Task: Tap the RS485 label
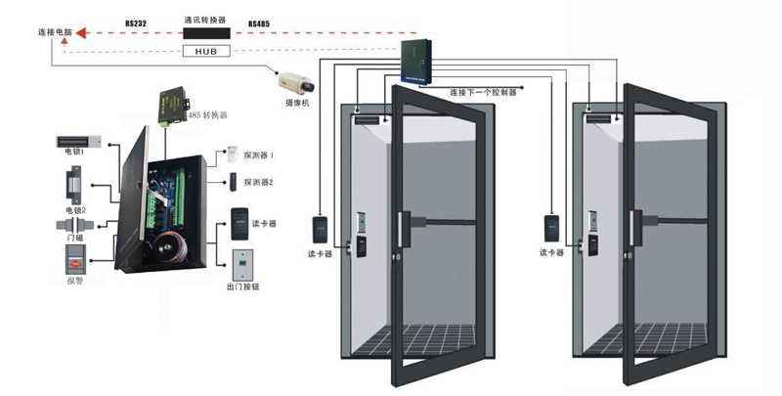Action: click(261, 22)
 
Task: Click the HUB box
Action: click(205, 50)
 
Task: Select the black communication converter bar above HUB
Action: click(205, 32)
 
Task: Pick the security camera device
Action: click(290, 81)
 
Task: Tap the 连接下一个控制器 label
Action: click(484, 91)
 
